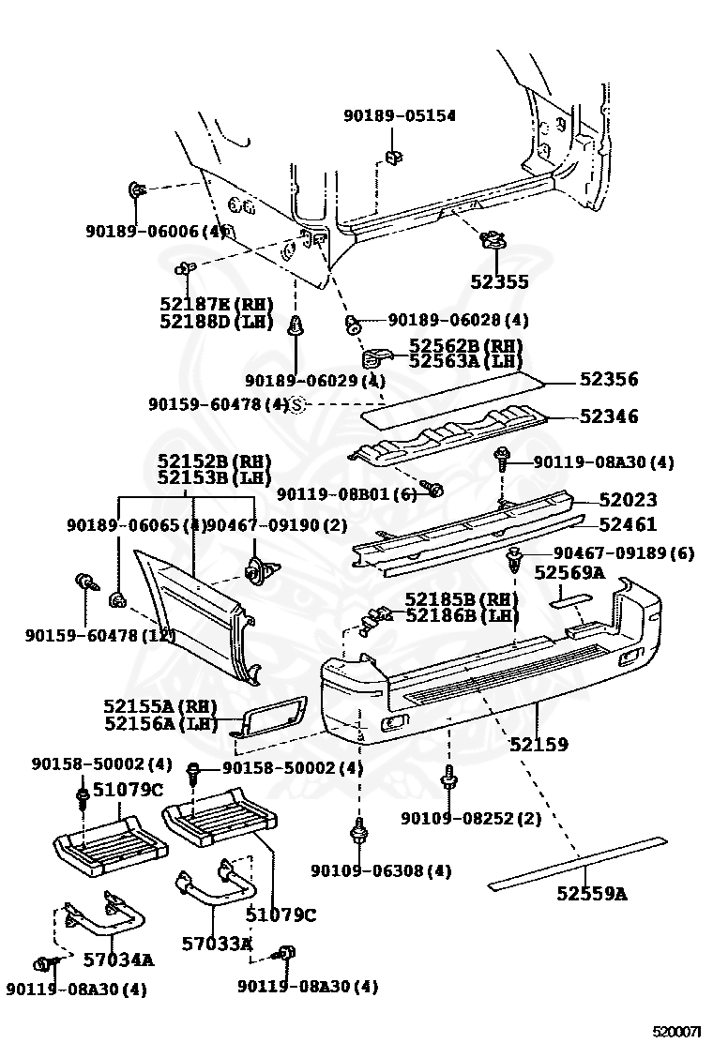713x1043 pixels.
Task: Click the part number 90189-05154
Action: click(399, 115)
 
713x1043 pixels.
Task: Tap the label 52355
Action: click(499, 281)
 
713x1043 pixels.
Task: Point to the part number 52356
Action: click(608, 379)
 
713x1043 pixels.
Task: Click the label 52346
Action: click(608, 416)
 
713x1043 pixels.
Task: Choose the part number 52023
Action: click(628, 500)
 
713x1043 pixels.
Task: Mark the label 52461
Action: click(628, 524)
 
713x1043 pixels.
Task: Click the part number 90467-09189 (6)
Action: click(623, 553)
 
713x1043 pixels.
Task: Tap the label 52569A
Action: click(569, 571)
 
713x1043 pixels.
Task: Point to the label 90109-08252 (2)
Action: click(471, 818)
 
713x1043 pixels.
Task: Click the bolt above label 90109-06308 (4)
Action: click(358, 830)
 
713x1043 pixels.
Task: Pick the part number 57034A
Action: click(118, 959)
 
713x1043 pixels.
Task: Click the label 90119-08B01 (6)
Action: click(346, 493)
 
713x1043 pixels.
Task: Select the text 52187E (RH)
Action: click(215, 304)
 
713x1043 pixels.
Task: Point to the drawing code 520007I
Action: click(677, 1031)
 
